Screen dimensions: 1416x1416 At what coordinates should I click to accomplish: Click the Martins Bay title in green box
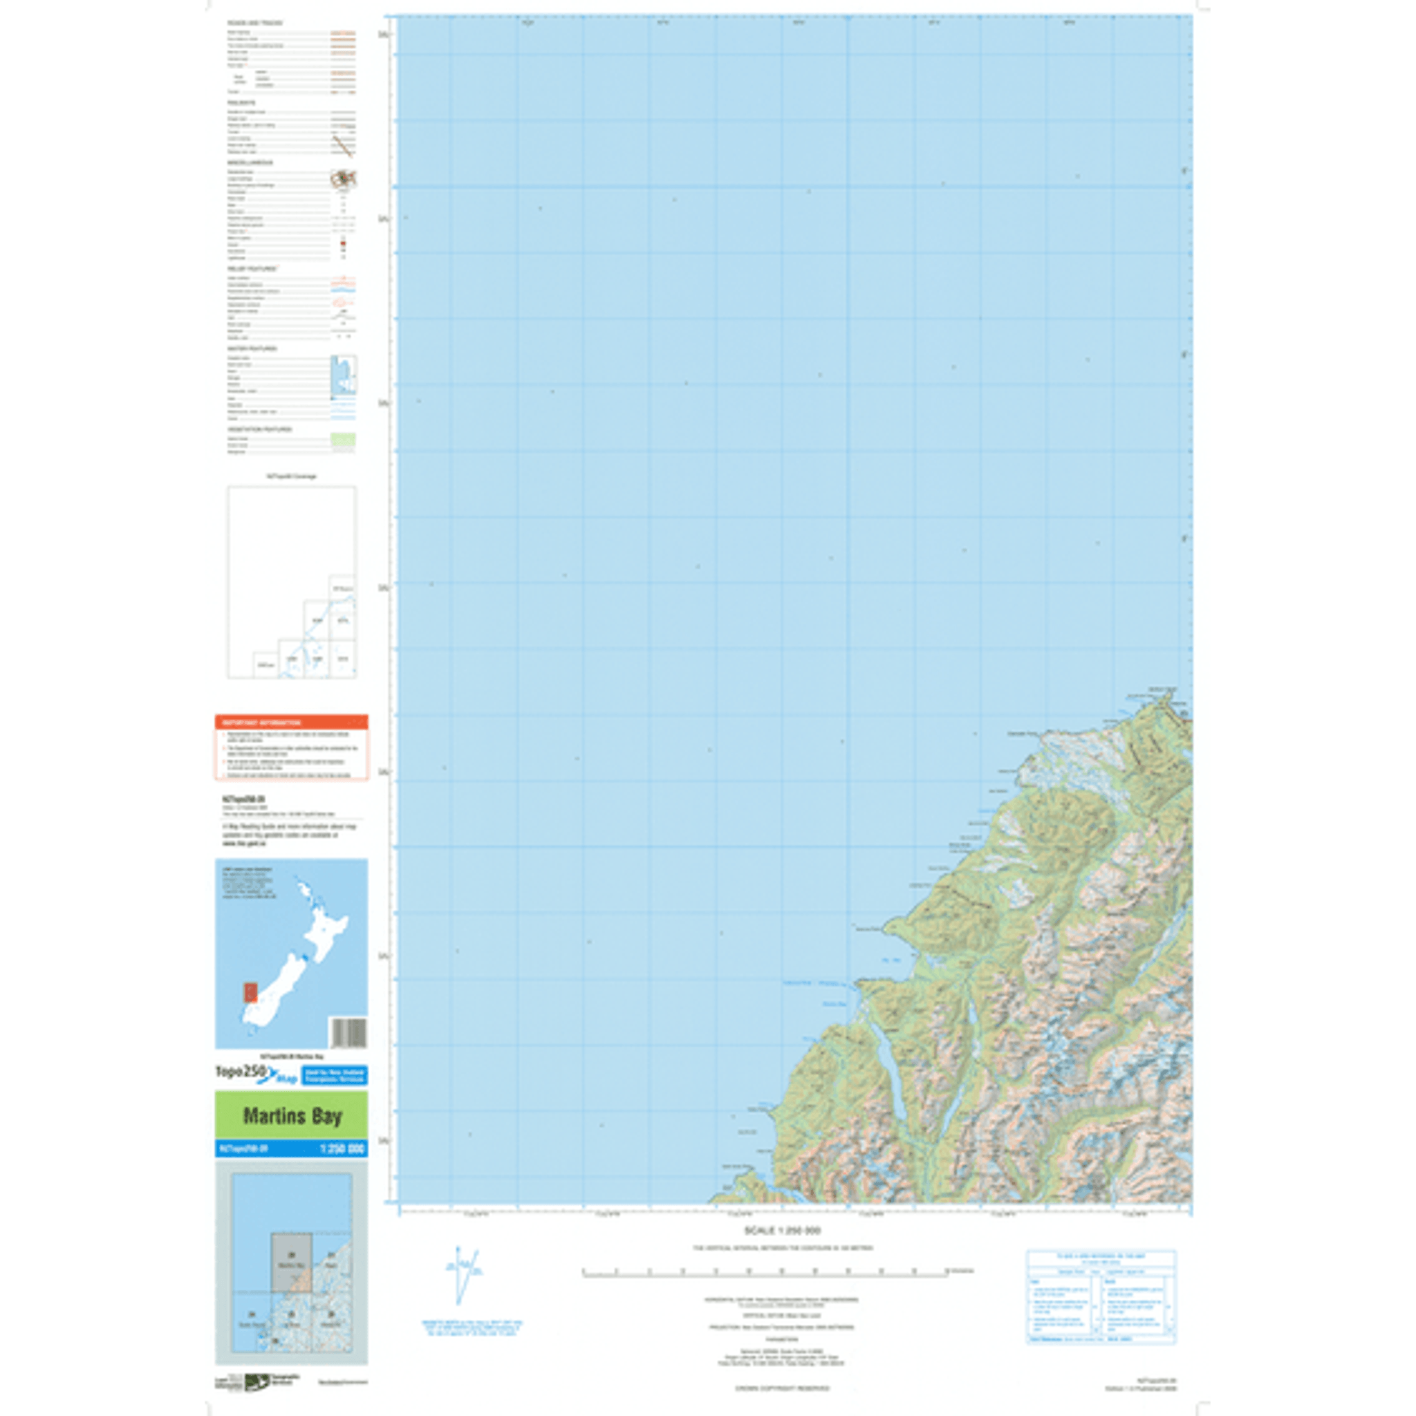pyautogui.click(x=292, y=1116)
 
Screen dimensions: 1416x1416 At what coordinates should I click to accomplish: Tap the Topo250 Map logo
pyautogui.click(x=255, y=1074)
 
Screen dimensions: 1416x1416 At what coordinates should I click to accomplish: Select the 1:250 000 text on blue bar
pyautogui.click(x=342, y=1149)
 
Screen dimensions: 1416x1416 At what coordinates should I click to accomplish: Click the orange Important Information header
pyautogui.click(x=291, y=722)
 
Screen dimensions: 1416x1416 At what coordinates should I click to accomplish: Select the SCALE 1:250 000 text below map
pyautogui.click(x=782, y=1231)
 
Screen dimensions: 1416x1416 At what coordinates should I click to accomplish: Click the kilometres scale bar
pyautogui.click(x=765, y=1273)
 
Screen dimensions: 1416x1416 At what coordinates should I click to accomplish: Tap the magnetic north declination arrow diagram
pyautogui.click(x=463, y=1274)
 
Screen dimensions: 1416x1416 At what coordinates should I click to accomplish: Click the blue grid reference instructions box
pyautogui.click(x=1101, y=1296)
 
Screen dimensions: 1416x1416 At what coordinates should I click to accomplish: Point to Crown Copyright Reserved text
pyautogui.click(x=782, y=1388)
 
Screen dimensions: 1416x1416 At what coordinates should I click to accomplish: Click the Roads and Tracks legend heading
pyautogui.click(x=245, y=24)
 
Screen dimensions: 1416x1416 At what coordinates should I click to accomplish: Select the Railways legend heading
pyautogui.click(x=241, y=103)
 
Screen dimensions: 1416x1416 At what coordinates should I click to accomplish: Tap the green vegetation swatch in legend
pyautogui.click(x=343, y=440)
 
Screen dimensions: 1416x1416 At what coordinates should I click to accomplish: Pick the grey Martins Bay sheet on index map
pyautogui.click(x=291, y=1262)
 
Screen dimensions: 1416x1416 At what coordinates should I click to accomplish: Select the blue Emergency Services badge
pyautogui.click(x=334, y=1075)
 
